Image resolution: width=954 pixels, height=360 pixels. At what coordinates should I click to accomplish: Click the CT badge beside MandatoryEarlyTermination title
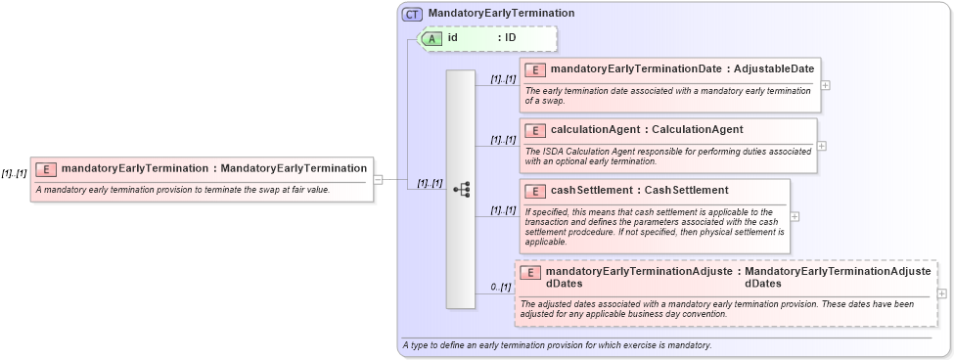413,14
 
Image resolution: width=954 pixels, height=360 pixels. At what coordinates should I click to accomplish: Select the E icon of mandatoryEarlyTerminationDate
535,69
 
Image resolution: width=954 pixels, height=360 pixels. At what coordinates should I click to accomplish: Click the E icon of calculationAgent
535,130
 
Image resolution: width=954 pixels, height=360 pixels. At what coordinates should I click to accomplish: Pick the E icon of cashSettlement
535,190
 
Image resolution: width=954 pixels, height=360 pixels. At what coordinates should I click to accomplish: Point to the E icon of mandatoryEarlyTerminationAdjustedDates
530,273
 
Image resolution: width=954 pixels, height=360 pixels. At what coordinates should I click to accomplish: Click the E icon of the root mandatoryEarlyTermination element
46,169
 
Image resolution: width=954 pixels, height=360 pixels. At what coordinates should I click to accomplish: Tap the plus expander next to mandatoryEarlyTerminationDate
827,85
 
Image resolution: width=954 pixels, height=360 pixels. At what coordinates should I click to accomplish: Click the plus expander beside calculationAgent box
822,146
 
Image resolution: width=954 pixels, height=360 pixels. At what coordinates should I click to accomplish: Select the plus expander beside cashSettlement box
795,216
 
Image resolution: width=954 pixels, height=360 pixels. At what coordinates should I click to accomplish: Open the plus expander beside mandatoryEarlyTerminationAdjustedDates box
941,293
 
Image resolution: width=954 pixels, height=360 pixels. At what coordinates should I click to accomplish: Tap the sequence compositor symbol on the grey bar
461,190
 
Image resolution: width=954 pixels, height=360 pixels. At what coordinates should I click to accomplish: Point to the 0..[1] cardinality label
501,287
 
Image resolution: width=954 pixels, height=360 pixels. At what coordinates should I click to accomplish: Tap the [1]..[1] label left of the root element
14,173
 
